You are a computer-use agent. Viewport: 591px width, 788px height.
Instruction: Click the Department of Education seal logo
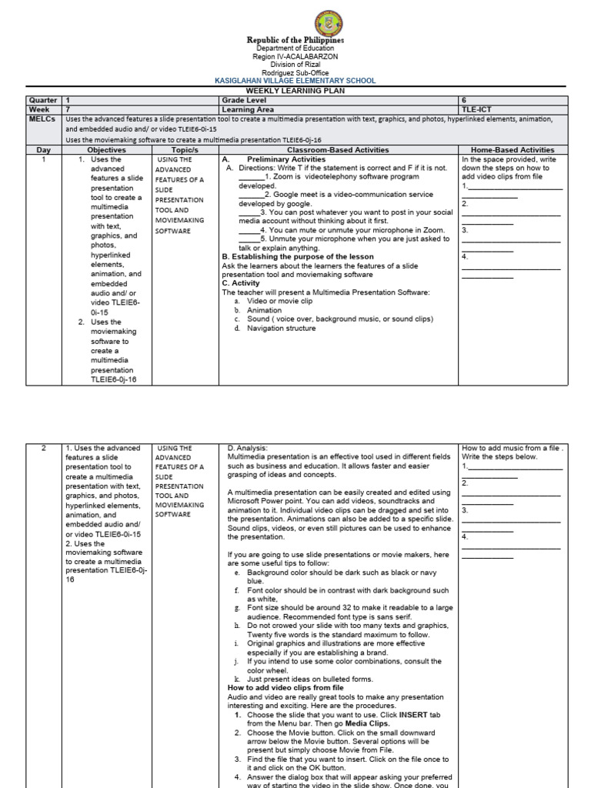(295, 22)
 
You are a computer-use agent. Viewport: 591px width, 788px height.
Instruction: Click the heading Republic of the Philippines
(295, 40)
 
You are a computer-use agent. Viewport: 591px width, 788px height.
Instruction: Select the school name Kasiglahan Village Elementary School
(295, 80)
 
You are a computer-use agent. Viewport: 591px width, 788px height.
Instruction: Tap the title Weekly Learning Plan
(295, 91)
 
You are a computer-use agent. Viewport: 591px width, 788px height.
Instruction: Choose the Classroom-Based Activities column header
(338, 150)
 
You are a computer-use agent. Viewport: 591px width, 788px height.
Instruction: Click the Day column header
(44, 150)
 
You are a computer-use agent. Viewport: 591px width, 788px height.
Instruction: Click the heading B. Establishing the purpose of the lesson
(297, 257)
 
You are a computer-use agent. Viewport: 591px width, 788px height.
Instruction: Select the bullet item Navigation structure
(281, 328)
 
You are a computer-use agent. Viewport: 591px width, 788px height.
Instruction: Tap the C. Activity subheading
(241, 283)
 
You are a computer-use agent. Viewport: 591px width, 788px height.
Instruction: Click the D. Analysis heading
(247, 448)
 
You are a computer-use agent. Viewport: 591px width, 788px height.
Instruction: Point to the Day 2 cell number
(44, 448)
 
